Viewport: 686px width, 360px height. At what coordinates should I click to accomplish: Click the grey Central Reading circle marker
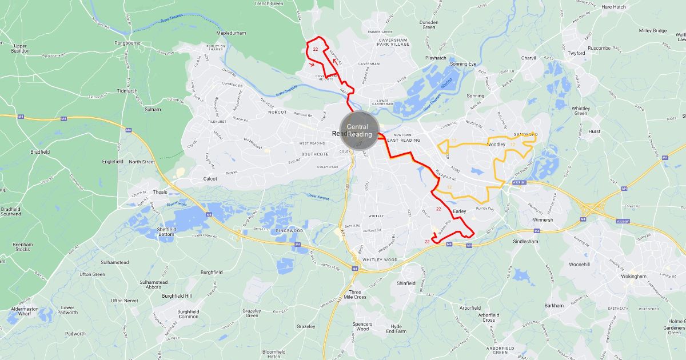pyautogui.click(x=360, y=130)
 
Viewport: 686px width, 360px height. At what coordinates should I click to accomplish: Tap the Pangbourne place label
pyautogui.click(x=127, y=43)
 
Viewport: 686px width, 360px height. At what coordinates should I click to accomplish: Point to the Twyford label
pyautogui.click(x=576, y=53)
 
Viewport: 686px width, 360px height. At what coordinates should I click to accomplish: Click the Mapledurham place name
pyautogui.click(x=231, y=33)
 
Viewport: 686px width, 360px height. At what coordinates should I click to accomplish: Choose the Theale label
pyautogui.click(x=160, y=192)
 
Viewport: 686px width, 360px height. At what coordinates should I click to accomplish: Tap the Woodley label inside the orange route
pyautogui.click(x=496, y=145)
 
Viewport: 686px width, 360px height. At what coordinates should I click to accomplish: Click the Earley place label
pyautogui.click(x=460, y=211)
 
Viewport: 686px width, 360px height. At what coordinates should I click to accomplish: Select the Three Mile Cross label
pyautogui.click(x=356, y=294)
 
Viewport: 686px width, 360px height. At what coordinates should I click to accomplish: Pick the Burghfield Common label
pyautogui.click(x=188, y=314)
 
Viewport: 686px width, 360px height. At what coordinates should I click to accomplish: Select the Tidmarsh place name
pyautogui.click(x=126, y=91)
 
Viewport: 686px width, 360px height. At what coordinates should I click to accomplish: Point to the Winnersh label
pyautogui.click(x=543, y=219)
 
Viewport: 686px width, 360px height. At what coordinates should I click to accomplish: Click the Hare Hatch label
pyautogui.click(x=614, y=7)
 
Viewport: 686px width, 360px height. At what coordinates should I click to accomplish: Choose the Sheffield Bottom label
pyautogui.click(x=166, y=231)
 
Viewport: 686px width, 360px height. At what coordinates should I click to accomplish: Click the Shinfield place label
pyautogui.click(x=406, y=283)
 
